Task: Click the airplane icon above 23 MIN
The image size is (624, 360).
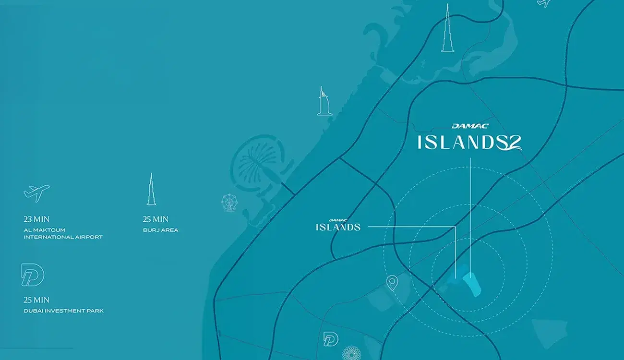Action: tap(36, 192)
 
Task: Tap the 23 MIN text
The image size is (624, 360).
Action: tap(36, 219)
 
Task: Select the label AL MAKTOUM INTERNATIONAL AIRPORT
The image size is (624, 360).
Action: tap(63, 233)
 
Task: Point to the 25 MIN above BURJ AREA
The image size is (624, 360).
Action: tap(156, 219)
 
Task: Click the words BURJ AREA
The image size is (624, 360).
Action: tap(160, 230)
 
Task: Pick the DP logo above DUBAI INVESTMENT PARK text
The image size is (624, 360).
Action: tap(33, 275)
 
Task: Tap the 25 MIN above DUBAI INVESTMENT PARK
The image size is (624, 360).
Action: tap(36, 300)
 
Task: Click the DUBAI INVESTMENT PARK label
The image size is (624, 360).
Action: tap(63, 311)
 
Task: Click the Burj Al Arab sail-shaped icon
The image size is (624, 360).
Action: tap(324, 101)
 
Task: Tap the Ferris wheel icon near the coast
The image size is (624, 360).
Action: tap(228, 203)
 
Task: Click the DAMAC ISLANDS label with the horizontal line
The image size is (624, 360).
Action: tap(338, 225)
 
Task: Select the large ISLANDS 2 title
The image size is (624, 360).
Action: tap(468, 142)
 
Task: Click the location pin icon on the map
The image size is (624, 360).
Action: tap(393, 283)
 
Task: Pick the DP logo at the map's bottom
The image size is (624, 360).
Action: tap(330, 339)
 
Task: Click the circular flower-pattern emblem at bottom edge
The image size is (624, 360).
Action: tap(350, 354)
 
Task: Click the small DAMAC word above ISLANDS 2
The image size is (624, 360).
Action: tap(469, 126)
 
